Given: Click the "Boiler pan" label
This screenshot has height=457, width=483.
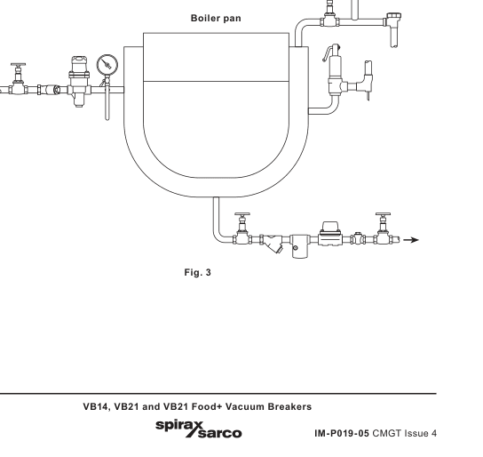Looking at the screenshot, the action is (216, 19).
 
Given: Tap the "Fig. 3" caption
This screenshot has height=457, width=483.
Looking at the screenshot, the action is (198, 273).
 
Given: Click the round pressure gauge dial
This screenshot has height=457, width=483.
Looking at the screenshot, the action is (107, 65).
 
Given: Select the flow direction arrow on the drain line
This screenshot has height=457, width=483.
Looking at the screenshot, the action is (411, 239).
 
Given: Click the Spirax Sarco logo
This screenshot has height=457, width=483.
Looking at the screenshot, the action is (199, 429).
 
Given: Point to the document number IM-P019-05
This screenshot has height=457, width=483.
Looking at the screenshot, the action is (342, 434).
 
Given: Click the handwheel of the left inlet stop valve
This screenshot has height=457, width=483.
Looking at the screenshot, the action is (18, 65).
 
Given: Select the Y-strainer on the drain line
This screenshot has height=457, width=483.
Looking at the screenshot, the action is (272, 244).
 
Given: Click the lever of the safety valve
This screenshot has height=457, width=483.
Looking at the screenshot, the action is (330, 52).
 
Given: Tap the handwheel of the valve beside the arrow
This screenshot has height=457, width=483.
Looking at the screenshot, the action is (384, 214).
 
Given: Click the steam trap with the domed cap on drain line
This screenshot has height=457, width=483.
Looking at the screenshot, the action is (331, 234).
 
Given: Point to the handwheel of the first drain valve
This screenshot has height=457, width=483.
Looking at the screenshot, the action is (242, 214).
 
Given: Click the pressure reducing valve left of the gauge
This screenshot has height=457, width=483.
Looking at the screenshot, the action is (79, 82).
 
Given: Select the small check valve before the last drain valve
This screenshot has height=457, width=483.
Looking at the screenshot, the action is (358, 238).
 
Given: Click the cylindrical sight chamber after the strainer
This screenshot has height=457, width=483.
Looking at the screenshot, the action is (298, 246).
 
